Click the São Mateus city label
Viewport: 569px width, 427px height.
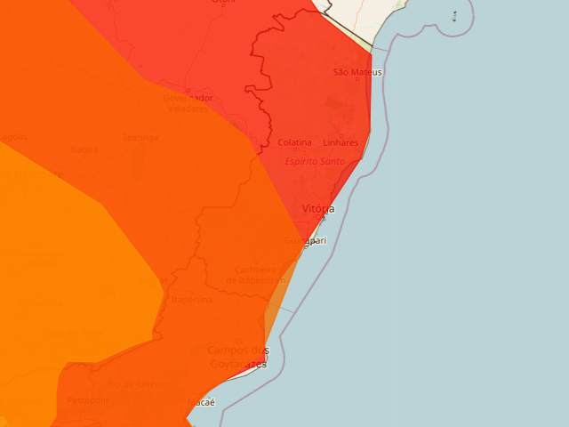(357, 72)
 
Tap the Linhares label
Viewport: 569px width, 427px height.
(341, 142)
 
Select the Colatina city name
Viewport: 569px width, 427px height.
(295, 142)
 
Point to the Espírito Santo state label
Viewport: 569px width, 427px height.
(315, 161)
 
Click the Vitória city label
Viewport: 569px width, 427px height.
(318, 208)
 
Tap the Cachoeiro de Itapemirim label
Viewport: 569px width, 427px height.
(256, 275)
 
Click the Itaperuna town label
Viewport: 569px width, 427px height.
(192, 300)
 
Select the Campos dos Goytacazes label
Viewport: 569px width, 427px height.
(237, 357)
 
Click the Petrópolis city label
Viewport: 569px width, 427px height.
(87, 400)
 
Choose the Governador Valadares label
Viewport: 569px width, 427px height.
(188, 103)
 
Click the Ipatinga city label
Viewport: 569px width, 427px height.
(140, 138)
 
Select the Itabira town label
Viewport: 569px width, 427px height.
(84, 149)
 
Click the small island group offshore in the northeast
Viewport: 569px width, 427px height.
(454, 16)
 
